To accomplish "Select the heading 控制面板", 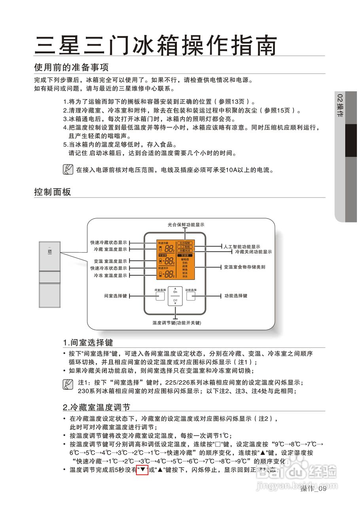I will (x=53, y=192).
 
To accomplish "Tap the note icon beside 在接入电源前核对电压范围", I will (x=68, y=170).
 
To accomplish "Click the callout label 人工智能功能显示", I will (x=242, y=247).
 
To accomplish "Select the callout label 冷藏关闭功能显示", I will (x=253, y=252).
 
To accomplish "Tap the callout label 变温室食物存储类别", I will (x=244, y=267).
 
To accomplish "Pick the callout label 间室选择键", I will (x=116, y=296).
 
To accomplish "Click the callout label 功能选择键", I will (x=236, y=296).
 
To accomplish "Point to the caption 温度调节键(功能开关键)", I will (x=177, y=323).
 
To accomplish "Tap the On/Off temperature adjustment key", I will (x=175, y=296).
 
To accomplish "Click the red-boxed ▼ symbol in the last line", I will (x=142, y=470).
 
